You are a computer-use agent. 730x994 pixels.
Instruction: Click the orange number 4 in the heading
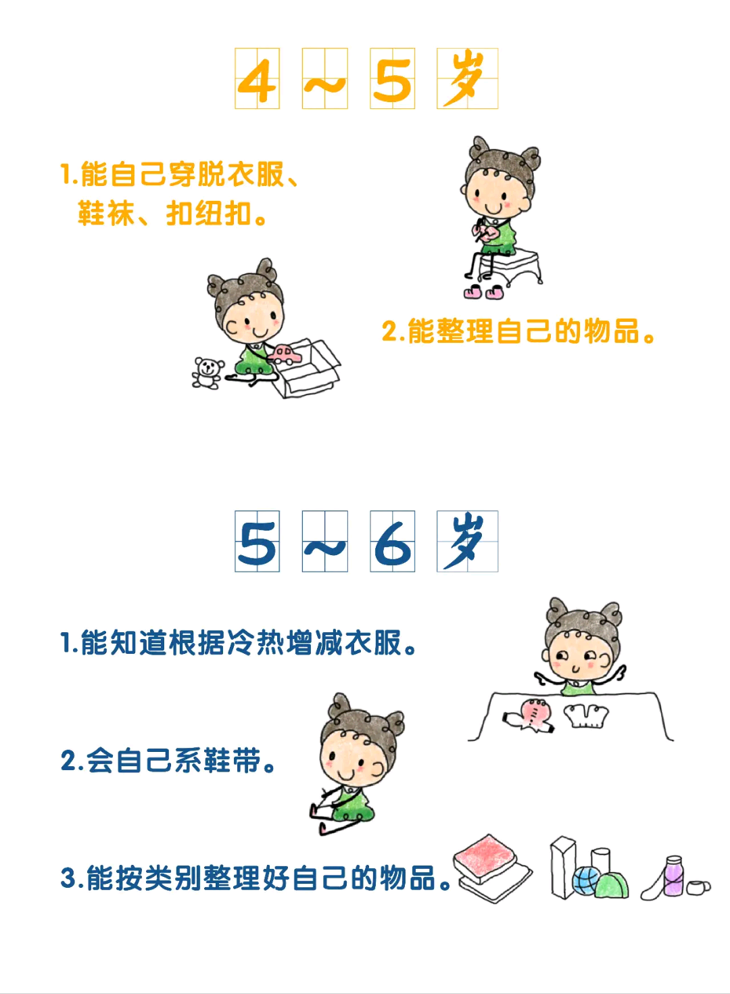pyautogui.click(x=258, y=80)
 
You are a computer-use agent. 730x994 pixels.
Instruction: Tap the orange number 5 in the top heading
pyautogui.click(x=392, y=80)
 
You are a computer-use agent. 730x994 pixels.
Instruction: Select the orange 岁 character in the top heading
pyautogui.click(x=466, y=80)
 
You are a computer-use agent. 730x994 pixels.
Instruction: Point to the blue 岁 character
pyautogui.click(x=466, y=542)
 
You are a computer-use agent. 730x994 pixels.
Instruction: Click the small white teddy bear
pyautogui.click(x=207, y=373)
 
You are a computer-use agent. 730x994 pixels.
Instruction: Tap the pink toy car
pyautogui.click(x=285, y=355)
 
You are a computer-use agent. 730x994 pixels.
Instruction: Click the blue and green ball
pyautogui.click(x=585, y=880)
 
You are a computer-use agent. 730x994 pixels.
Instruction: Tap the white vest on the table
pyautogui.click(x=585, y=715)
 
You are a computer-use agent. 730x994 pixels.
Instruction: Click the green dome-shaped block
pyautogui.click(x=612, y=885)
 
